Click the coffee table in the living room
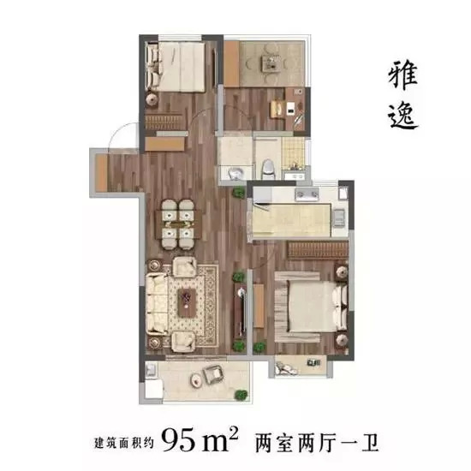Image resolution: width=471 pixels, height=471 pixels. (x=187, y=302)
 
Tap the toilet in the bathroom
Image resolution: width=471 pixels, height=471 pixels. (x=267, y=169)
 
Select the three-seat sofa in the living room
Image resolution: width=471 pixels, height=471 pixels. (x=157, y=304)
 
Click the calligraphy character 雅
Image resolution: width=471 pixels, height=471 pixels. (x=402, y=75)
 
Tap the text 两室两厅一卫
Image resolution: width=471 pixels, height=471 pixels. (x=316, y=444)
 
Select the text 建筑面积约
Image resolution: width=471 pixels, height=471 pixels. (x=124, y=443)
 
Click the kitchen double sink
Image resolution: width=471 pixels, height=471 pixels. (x=307, y=194)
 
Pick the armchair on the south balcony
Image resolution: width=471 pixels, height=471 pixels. (x=213, y=374)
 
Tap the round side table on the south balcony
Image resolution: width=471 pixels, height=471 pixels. (x=197, y=381)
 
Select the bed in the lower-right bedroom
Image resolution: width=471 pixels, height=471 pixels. (x=311, y=307)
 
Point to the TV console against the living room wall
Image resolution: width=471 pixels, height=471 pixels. (x=240, y=310)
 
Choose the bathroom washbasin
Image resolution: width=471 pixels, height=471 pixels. (x=235, y=173)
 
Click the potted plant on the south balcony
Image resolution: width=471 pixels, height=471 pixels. (x=241, y=395)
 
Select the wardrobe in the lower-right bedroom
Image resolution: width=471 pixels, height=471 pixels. (x=318, y=249)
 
